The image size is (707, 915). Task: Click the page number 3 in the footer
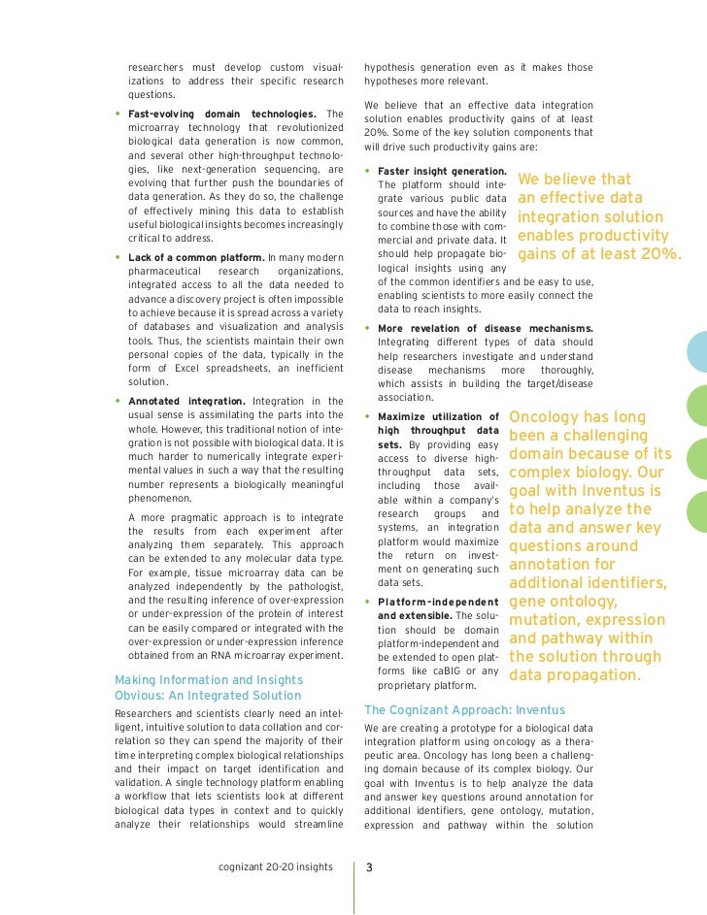pyautogui.click(x=368, y=866)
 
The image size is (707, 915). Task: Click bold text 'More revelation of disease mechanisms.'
pyautogui.click(x=485, y=328)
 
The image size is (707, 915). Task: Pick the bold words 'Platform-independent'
pyautogui.click(x=437, y=602)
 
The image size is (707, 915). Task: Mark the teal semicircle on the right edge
pyautogui.click(x=698, y=351)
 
